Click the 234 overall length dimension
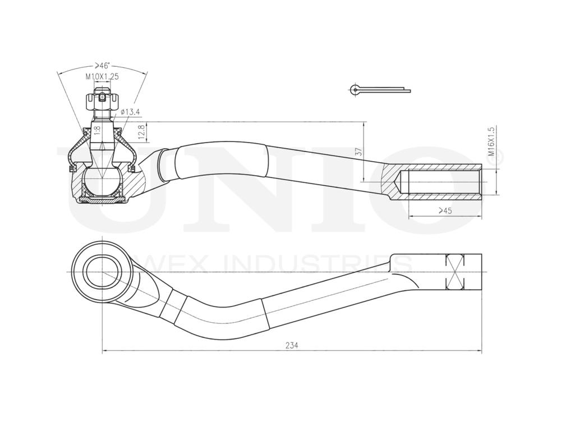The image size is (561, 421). [x=291, y=346]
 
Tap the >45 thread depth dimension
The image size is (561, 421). [x=445, y=211]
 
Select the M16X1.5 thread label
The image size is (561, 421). [x=491, y=141]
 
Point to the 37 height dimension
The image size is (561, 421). [x=358, y=152]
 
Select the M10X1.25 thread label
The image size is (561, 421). [x=102, y=76]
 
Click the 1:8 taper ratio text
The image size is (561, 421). [x=97, y=131]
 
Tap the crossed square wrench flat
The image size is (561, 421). [x=456, y=272]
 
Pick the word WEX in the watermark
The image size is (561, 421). [x=182, y=264]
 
